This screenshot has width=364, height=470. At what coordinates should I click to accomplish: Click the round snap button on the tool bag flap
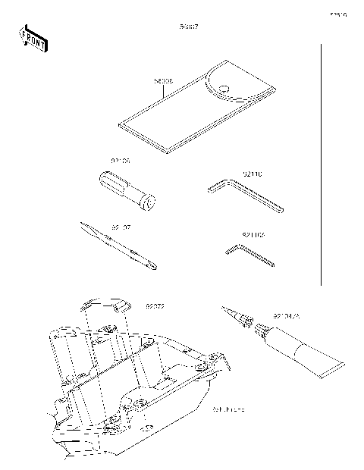click(x=223, y=89)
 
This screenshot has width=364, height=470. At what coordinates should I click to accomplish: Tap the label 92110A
click(x=253, y=236)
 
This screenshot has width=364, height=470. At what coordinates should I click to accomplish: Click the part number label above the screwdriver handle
click(x=121, y=162)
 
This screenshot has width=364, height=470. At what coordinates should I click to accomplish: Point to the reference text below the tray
click(x=227, y=409)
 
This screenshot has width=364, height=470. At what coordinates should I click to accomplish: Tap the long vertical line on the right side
click(x=322, y=167)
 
